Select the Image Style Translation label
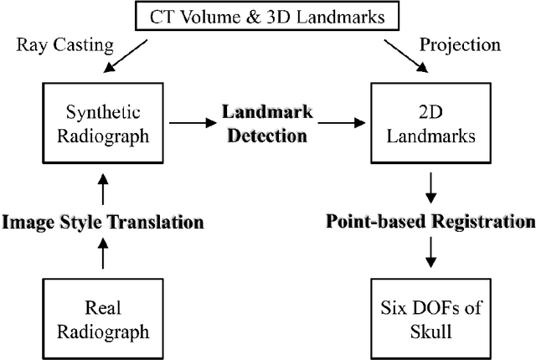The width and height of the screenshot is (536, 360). coord(102,223)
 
